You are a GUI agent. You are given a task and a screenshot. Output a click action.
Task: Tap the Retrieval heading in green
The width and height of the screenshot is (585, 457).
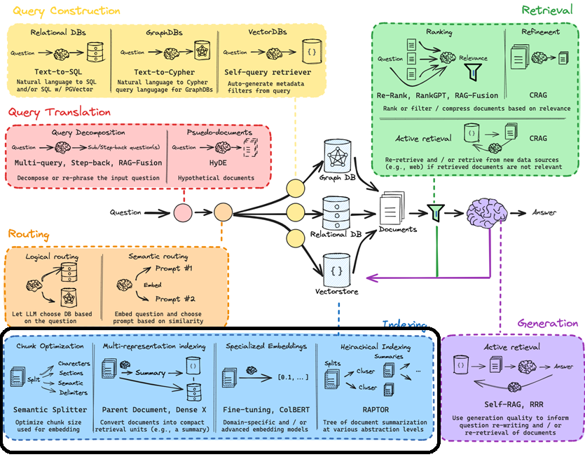pyautogui.click(x=549, y=10)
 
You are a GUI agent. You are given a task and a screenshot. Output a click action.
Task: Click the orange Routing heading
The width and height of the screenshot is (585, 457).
pyautogui.click(x=29, y=234)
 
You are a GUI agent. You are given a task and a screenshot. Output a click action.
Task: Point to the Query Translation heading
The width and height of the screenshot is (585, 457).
pyautogui.click(x=59, y=111)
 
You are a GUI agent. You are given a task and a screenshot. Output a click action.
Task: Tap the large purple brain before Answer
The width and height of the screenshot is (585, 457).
pyautogui.click(x=488, y=212)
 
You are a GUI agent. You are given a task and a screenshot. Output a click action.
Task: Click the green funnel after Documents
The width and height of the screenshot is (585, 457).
pyautogui.click(x=436, y=212)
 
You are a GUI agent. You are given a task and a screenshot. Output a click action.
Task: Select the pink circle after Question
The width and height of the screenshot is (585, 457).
pyautogui.click(x=182, y=212)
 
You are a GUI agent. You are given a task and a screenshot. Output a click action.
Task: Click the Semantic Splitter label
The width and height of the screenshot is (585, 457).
pyautogui.click(x=50, y=409)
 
